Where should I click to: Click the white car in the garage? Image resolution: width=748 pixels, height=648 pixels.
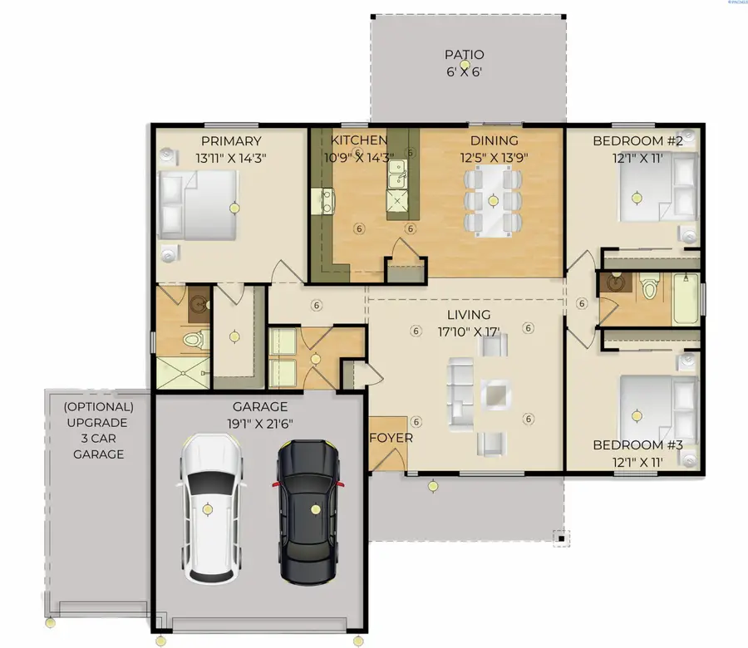click(x=211, y=508)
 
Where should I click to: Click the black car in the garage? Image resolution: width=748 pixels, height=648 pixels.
click(x=309, y=512)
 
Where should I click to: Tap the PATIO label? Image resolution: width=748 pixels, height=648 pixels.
click(x=464, y=55)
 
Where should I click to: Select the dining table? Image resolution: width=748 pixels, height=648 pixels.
click(x=493, y=201)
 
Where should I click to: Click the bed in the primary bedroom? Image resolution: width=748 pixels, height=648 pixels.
click(x=198, y=205)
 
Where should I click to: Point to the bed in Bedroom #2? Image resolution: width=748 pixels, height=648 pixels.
click(x=658, y=187)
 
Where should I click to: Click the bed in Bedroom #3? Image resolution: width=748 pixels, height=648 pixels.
click(x=658, y=410)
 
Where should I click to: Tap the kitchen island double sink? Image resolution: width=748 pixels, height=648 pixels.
click(x=397, y=174)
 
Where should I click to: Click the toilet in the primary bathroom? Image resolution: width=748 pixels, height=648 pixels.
click(x=196, y=340)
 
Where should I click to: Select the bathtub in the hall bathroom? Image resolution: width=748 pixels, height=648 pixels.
click(x=686, y=299)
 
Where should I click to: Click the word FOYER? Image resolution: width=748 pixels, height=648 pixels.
click(x=391, y=438)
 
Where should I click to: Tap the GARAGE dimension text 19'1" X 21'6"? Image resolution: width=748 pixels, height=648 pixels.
click(x=260, y=424)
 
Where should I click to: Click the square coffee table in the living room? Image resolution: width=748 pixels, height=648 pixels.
click(x=495, y=395)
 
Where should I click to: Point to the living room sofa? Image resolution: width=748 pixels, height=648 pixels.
click(x=460, y=395)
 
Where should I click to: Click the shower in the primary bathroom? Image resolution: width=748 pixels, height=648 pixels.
click(x=183, y=373)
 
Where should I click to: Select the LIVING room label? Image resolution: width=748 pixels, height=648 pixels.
click(x=469, y=315)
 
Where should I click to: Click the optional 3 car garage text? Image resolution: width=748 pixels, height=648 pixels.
click(x=98, y=430)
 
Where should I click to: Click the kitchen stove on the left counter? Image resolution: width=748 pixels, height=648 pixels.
click(x=322, y=201)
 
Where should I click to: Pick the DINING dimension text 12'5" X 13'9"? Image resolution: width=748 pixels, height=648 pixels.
click(x=494, y=157)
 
